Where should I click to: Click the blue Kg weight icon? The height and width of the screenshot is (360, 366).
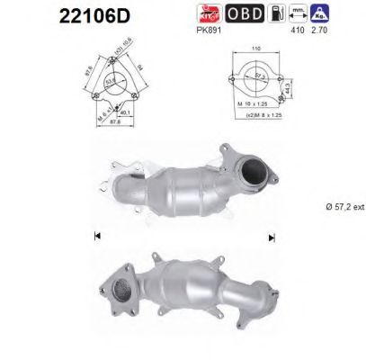pos(343,13)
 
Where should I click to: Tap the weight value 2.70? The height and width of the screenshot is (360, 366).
pos(342,30)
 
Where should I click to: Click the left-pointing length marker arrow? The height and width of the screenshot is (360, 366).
pos(95,236)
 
